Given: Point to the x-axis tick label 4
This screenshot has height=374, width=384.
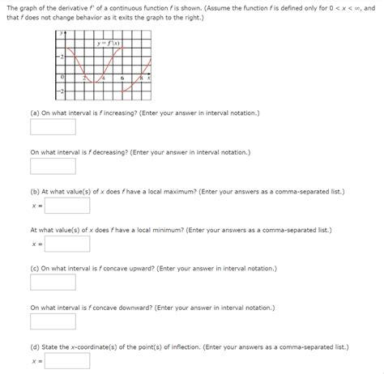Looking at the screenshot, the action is (105, 79).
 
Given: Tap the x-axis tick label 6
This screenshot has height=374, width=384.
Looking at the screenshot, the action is (122, 79).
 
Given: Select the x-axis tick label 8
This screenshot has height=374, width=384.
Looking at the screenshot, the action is (140, 79).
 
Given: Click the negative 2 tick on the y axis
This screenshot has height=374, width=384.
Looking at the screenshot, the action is (59, 96).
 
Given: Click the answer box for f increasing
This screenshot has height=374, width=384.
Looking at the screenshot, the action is (53, 127).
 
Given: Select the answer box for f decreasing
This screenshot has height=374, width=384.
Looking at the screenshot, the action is (53, 166).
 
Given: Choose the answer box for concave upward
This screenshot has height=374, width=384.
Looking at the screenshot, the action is (53, 283).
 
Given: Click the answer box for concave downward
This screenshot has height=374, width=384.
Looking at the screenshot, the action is (53, 321).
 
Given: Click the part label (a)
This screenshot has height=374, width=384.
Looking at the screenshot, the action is (35, 113).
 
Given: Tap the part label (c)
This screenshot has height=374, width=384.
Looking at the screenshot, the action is (35, 268).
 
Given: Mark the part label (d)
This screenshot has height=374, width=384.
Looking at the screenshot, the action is (35, 346).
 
